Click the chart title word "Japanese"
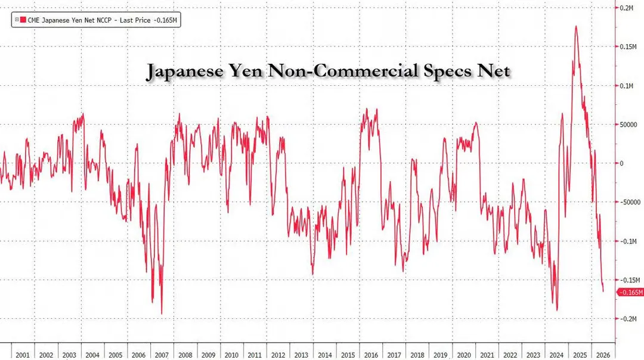pyautogui.click(x=185, y=71)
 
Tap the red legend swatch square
pyautogui.click(x=23, y=20)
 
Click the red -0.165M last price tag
pyautogui.click(x=630, y=292)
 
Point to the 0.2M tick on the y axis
pyautogui.click(x=626, y=8)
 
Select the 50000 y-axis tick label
pyautogui.click(x=628, y=125)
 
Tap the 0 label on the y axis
pyautogui.click(x=621, y=163)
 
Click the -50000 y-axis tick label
pyautogui.click(x=630, y=203)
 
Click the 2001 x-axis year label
pyautogui.click(x=23, y=355)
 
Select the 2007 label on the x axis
pyautogui.click(x=162, y=355)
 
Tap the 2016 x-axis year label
pyautogui.click(x=371, y=355)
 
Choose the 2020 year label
pyautogui.click(x=464, y=355)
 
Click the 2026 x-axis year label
pyautogui.click(x=603, y=355)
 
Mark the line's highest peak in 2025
pyautogui.click(x=576, y=26)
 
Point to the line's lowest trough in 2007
pyautogui.click(x=162, y=314)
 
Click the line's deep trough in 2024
pyautogui.click(x=558, y=311)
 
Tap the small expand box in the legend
pyautogui.click(x=17, y=20)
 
